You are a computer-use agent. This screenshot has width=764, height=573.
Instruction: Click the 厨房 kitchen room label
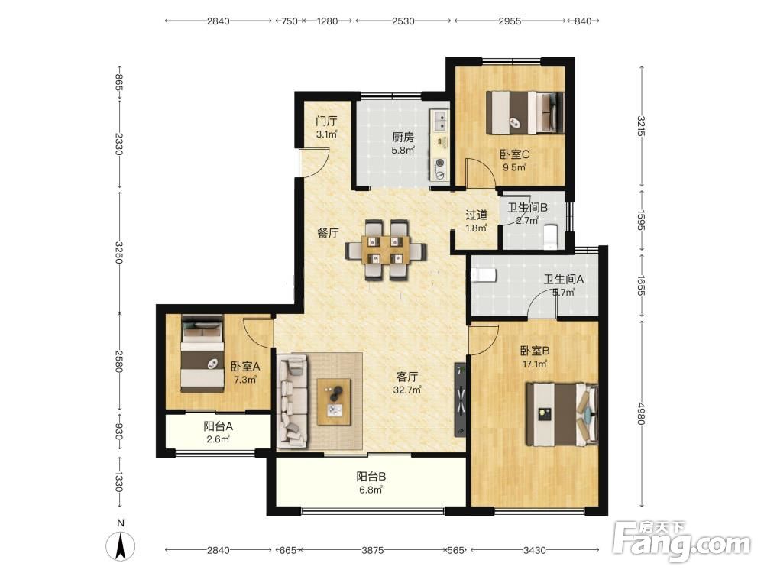403,138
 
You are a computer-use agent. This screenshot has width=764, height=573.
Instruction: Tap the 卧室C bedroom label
514,154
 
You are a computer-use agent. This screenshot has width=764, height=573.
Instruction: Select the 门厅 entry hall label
326,121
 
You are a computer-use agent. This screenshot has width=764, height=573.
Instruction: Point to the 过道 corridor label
476,215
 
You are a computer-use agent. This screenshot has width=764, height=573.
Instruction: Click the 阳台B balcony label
371,477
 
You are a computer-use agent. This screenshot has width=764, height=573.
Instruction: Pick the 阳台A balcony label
218,426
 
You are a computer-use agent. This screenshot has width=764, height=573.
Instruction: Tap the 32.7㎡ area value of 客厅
407,390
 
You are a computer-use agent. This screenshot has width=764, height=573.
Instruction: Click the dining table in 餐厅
385,251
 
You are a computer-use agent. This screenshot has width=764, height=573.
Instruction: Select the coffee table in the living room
335,402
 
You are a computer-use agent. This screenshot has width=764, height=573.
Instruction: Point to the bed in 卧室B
562,414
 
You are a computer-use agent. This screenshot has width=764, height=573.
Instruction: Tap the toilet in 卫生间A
484,274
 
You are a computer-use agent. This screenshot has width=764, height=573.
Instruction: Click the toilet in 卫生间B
550,236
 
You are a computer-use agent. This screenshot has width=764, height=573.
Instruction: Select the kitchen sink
440,121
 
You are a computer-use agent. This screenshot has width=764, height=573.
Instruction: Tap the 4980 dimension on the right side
641,413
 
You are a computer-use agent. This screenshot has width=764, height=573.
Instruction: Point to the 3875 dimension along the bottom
372,550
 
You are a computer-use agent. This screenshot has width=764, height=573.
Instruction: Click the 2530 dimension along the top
403,21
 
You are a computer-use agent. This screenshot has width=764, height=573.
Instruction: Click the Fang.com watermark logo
681,541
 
